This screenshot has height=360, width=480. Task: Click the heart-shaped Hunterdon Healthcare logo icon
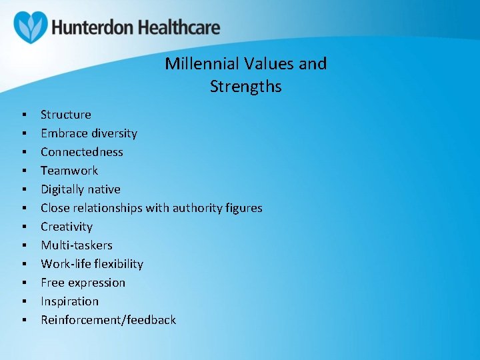[31, 27]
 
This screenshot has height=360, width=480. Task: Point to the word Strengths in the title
[245, 87]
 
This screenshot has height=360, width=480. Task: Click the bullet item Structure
[65, 115]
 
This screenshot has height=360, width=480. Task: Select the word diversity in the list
[113, 133]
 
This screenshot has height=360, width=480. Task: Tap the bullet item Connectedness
[81, 152]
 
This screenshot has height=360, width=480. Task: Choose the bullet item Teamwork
[69, 171]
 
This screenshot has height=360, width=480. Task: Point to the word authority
[198, 208]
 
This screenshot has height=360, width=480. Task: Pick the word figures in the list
[245, 208]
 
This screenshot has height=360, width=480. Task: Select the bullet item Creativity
[66, 227]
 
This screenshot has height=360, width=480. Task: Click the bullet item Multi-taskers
[76, 245]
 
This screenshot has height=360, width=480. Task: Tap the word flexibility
[118, 264]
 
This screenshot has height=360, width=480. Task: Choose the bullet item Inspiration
[69, 301]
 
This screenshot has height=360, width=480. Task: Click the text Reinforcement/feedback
[108, 320]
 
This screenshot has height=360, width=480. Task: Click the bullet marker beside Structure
[24, 115]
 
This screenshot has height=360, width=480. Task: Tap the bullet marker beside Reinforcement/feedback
[24, 321]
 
